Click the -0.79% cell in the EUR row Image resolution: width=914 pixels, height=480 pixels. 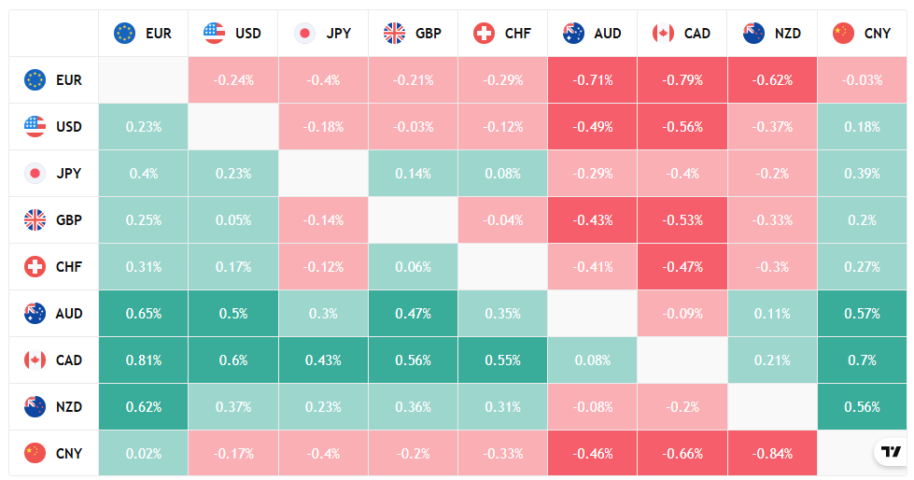[x=683, y=80]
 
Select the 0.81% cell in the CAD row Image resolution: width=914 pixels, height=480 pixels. [x=143, y=360]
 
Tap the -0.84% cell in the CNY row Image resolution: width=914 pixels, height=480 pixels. [x=773, y=454]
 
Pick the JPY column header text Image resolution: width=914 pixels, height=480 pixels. [x=339, y=34]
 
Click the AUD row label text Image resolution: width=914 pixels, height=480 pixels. [x=69, y=314]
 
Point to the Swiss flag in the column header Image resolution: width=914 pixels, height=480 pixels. [x=484, y=34]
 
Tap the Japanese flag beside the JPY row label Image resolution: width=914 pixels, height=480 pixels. [x=35, y=174]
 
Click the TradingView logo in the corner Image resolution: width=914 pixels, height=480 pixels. [x=891, y=452]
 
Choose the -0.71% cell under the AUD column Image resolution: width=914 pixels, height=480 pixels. [x=594, y=80]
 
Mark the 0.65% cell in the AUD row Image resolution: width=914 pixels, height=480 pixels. [x=143, y=314]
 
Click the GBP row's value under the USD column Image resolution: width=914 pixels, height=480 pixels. [x=233, y=220]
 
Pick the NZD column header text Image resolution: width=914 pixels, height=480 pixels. [x=787, y=34]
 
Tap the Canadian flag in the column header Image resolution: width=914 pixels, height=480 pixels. [x=663, y=34]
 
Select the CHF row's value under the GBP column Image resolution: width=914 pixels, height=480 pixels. [x=414, y=267]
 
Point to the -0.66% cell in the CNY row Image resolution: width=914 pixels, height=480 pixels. [x=683, y=454]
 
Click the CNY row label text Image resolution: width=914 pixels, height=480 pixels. [x=69, y=454]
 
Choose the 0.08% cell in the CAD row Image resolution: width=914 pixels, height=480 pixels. [x=594, y=360]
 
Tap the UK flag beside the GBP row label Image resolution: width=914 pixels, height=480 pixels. [x=35, y=220]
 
